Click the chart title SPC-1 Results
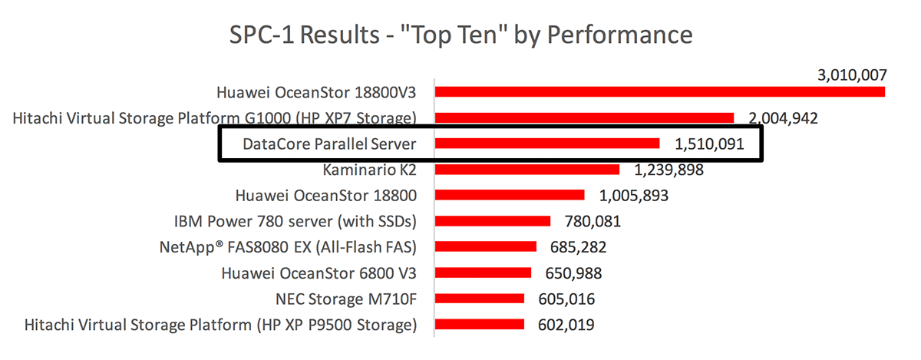(x=460, y=35)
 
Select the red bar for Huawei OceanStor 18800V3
(x=660, y=92)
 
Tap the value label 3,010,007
(x=851, y=75)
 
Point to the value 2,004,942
(x=782, y=118)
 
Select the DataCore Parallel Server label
(x=329, y=144)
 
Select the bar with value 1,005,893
(x=510, y=195)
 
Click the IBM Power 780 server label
(x=295, y=221)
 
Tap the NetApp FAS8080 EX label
(x=288, y=247)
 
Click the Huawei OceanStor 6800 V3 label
(x=319, y=272)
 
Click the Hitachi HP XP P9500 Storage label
(x=221, y=325)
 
